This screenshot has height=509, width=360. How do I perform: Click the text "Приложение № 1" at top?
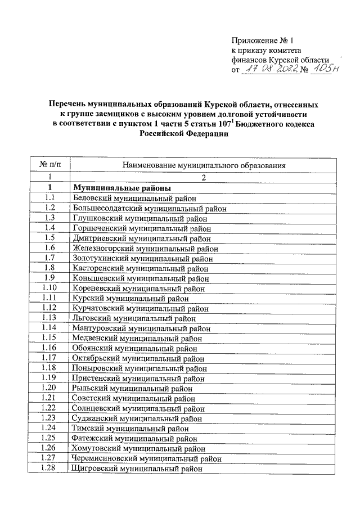263,40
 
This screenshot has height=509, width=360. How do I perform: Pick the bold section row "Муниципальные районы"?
121,188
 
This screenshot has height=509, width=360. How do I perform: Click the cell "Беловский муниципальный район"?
136,198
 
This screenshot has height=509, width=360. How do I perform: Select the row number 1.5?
50,238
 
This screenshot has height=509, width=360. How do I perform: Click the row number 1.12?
50,308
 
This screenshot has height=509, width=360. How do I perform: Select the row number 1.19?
50,379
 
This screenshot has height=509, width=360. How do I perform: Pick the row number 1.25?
50,438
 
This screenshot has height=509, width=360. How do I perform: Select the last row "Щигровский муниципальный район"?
137,469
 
